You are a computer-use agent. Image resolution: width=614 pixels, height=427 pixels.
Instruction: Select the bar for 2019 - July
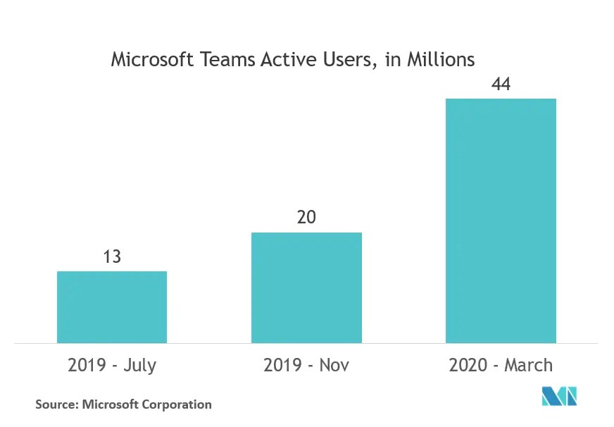coord(112,307)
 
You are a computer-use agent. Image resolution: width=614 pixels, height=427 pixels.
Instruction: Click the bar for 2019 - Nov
coord(306,287)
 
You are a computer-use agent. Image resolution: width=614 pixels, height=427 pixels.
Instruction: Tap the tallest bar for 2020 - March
coord(501,221)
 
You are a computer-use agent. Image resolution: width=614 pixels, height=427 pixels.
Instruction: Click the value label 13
coord(112,256)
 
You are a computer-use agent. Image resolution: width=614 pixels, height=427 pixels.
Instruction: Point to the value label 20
coord(306,218)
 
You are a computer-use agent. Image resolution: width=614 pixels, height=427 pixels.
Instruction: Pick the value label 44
coord(501,84)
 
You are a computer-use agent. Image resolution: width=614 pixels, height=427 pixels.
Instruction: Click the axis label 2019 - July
coord(112,365)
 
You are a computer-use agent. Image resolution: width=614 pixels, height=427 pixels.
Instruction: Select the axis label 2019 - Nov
coord(306,365)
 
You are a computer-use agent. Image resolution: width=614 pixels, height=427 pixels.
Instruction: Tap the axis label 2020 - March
coord(501,365)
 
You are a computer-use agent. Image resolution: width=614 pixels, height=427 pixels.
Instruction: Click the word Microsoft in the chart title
coord(153,60)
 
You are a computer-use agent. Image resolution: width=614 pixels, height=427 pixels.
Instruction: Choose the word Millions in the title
coord(441,60)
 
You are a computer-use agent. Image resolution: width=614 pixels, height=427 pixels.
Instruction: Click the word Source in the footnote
coord(56,404)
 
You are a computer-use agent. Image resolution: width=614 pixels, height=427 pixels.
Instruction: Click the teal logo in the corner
coord(559,396)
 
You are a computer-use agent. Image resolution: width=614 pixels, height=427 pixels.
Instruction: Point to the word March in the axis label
coord(529,365)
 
